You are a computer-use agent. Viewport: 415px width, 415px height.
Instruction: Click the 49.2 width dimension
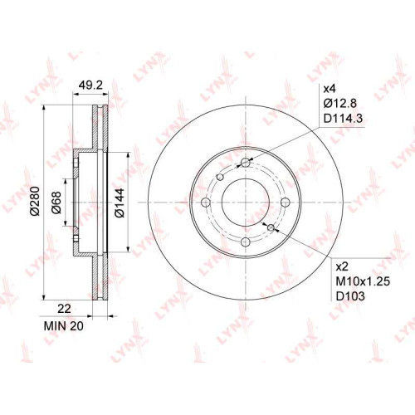coord(90,85)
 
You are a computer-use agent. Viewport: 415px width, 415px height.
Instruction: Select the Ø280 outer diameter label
coord(36,201)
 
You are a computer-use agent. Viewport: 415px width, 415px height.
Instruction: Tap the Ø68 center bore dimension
coord(56,203)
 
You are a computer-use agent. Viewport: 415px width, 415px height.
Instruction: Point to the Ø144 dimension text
coord(120,203)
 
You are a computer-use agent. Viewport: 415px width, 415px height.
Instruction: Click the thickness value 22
coord(64,309)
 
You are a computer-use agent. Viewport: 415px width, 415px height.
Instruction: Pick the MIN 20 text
coord(64,326)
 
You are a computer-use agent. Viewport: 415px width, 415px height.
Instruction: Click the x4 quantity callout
coord(330,89)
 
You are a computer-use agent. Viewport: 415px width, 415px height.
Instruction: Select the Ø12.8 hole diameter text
coord(340,104)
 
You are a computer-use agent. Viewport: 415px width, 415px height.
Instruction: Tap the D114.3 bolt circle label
coord(343,119)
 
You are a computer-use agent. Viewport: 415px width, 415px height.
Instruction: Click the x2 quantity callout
coord(342,267)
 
